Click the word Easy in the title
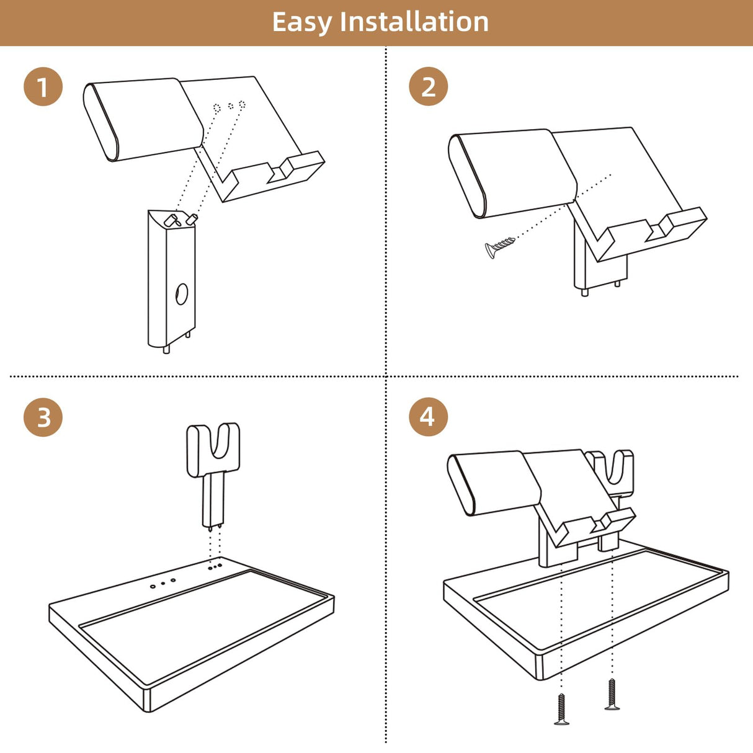[x=301, y=23]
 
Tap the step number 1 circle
[x=43, y=86]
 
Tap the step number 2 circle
[x=428, y=86]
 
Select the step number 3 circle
[x=43, y=417]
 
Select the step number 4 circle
[x=428, y=417]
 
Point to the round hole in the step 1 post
[x=181, y=294]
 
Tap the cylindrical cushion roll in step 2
[x=513, y=174]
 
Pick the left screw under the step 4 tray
[x=561, y=709]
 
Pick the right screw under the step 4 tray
[x=612, y=694]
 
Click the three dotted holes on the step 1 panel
[x=229, y=106]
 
